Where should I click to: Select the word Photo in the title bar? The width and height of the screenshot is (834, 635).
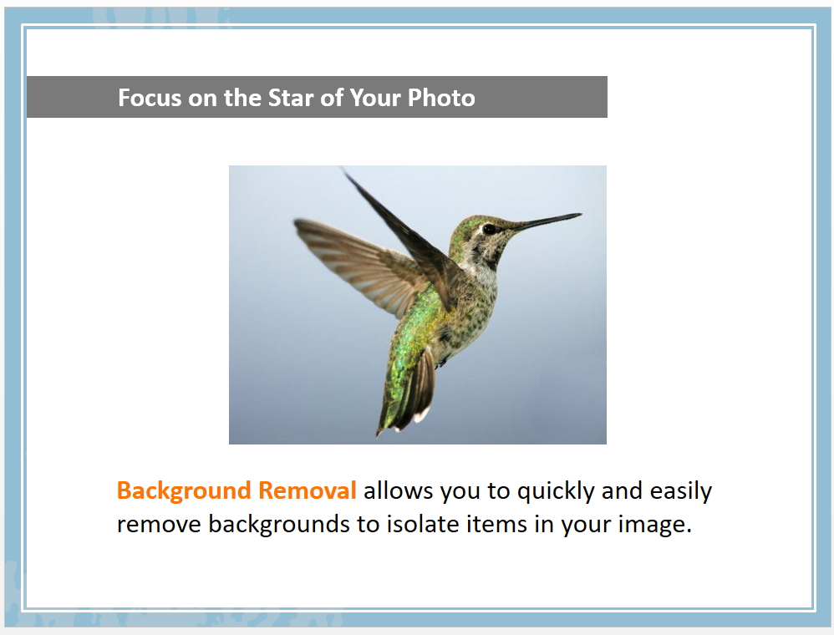(441, 98)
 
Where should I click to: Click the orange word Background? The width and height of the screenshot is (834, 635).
(184, 491)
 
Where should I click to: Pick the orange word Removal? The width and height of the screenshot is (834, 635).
(307, 490)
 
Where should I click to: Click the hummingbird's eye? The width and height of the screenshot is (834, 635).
(489, 229)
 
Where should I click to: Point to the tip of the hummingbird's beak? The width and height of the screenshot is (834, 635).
(581, 215)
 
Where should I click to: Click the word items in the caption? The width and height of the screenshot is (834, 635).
(496, 524)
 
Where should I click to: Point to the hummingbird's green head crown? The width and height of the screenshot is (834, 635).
(470, 222)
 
